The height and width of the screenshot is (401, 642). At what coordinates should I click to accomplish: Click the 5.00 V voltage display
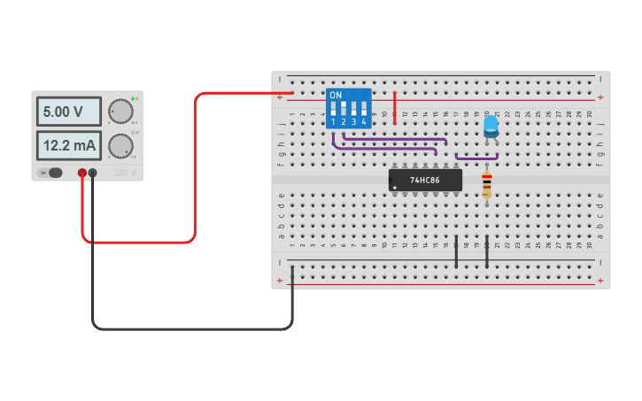pyautogui.click(x=68, y=112)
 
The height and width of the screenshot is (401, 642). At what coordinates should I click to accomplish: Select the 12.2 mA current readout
pyautogui.click(x=68, y=145)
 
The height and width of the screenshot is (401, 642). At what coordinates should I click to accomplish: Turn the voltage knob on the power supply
pyautogui.click(x=120, y=112)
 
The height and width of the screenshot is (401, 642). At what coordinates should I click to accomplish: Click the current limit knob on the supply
pyautogui.click(x=120, y=145)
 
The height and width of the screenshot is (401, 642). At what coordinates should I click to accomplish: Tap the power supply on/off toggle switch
pyautogui.click(x=54, y=173)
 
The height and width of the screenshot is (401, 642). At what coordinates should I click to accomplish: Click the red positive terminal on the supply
pyautogui.click(x=81, y=173)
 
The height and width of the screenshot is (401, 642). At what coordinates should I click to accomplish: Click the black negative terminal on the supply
pyautogui.click(x=92, y=173)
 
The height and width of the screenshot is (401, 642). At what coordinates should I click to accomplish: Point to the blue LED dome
pyautogui.click(x=491, y=123)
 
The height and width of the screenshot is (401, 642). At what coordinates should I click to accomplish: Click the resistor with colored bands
pyautogui.click(x=486, y=185)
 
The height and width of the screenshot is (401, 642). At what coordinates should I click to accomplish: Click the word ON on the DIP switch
pyautogui.click(x=335, y=95)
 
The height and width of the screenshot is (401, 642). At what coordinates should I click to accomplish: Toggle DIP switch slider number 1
pyautogui.click(x=334, y=109)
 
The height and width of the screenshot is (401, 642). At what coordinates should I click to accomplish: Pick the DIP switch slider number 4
pyautogui.click(x=364, y=109)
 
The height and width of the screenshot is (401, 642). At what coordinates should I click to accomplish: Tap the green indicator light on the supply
pyautogui.click(x=133, y=98)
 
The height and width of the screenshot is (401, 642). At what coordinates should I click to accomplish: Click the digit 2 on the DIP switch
pyautogui.click(x=344, y=122)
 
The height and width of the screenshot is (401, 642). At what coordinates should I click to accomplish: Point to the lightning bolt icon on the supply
pyautogui.click(x=134, y=173)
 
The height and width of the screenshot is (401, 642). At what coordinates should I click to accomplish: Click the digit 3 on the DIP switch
pyautogui.click(x=353, y=122)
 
